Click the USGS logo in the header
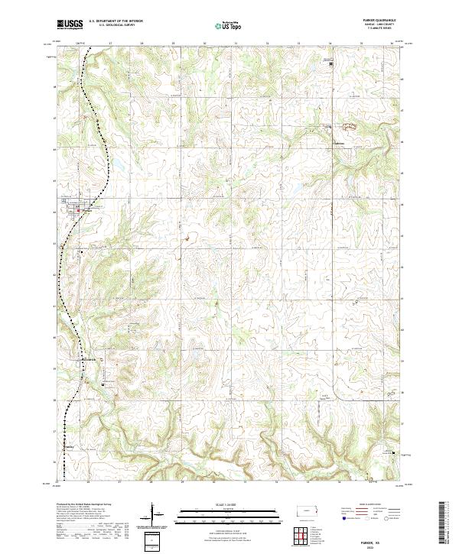(x=70, y=24)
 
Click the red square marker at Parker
(x=80, y=212)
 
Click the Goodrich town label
(x=88, y=360)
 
